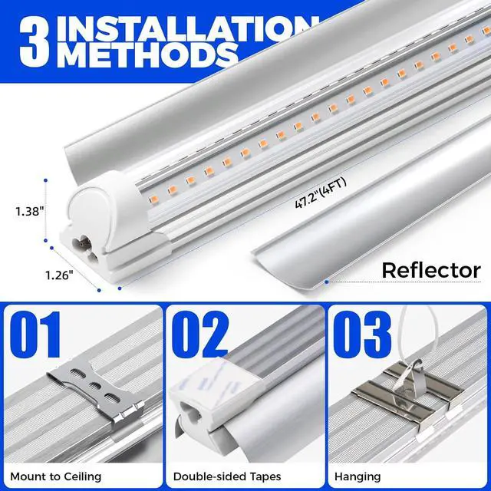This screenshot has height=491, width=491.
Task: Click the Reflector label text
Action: pyautogui.click(x=430, y=271)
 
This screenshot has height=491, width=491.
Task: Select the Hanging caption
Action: pyautogui.click(x=359, y=477)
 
